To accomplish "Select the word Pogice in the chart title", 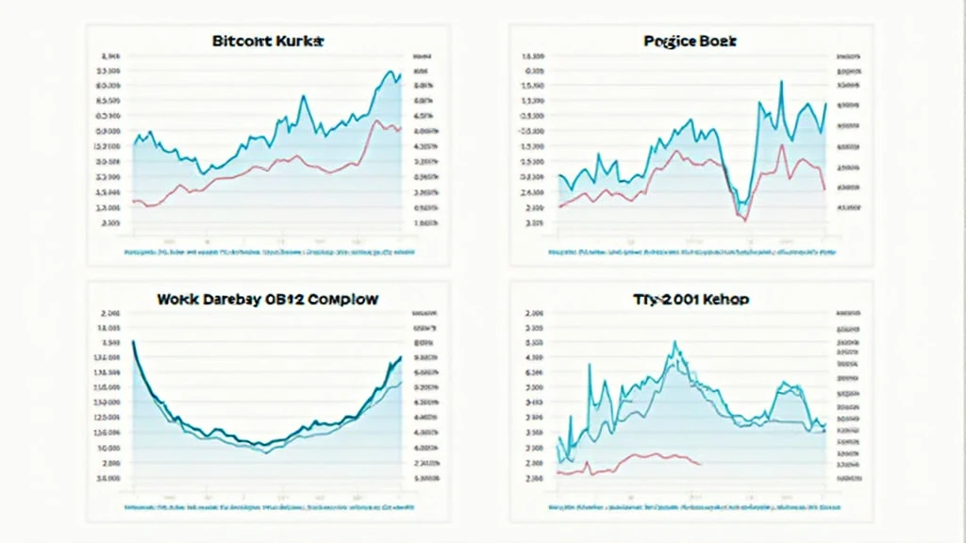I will point(672,42).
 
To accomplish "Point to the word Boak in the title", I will point(720,42).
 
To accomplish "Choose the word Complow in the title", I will point(345,299).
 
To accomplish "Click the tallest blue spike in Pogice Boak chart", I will point(781,82).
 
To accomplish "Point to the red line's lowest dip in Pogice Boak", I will point(744,220).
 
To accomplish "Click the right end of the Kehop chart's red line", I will point(701,464).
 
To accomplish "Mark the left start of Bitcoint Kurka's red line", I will point(134,201).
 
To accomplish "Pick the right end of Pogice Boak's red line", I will point(824,190).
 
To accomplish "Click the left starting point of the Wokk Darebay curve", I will point(133,341).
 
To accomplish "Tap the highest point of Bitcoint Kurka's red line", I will point(377,121).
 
